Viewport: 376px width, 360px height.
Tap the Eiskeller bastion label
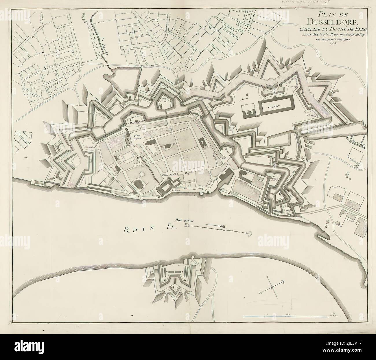click(x=90, y=147)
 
